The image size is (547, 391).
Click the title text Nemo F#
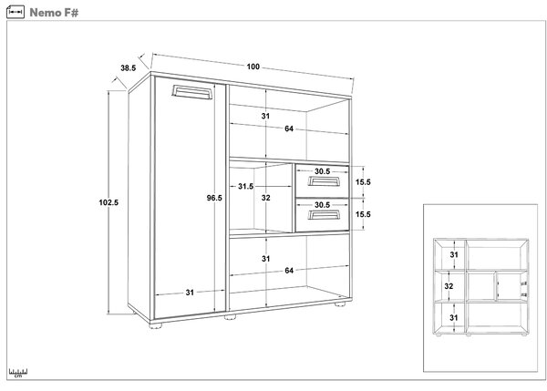(x=54, y=13)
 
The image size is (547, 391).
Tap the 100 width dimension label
(x=253, y=67)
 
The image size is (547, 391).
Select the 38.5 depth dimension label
(x=128, y=68)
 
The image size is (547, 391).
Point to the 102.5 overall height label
(x=108, y=202)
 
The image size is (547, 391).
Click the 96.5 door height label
(x=214, y=198)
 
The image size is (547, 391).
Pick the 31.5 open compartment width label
(x=246, y=186)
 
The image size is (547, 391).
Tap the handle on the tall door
(x=192, y=92)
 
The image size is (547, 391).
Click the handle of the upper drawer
(x=324, y=181)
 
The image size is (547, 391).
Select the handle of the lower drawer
(x=324, y=214)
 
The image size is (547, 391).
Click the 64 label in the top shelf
(x=289, y=129)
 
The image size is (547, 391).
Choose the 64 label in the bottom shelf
(x=289, y=271)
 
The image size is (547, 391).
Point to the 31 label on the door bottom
(x=190, y=293)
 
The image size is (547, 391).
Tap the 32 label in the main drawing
(x=266, y=198)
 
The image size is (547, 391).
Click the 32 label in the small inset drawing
(x=449, y=286)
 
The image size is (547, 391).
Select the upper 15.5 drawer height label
(x=363, y=182)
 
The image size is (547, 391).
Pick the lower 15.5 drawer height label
(x=363, y=214)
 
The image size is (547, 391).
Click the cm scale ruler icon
(x=18, y=373)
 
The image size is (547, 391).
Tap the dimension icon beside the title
(x=15, y=12)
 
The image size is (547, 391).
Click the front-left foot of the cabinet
(x=156, y=325)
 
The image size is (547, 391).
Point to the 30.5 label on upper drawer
(x=322, y=171)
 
